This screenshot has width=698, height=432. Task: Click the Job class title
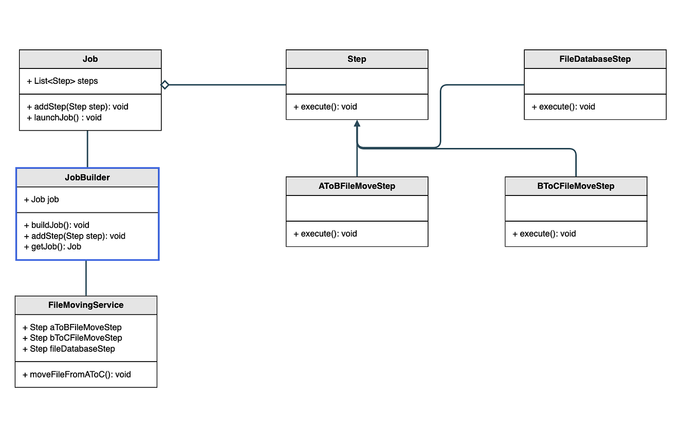pos(90,59)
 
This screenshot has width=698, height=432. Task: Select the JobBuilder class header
pos(87,177)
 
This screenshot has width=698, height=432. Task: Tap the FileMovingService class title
pos(86,305)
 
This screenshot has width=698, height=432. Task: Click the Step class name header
pos(357,59)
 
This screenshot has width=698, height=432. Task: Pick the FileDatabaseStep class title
pos(595,59)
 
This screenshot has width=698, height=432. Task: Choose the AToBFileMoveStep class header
pos(357,186)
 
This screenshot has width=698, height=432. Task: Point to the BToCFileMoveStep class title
pos(576,186)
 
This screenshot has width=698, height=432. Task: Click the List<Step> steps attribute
pos(62,81)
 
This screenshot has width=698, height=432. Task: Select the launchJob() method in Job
pos(64,118)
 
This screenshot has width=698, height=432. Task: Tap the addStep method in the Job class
pos(78,107)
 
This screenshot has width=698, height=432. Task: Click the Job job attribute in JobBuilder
pos(42,200)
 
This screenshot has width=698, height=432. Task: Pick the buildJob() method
pos(57,225)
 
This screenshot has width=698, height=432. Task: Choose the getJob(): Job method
pos(52,246)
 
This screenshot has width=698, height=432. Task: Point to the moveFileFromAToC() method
pos(77,374)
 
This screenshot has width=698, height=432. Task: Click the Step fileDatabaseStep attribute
pos(69,349)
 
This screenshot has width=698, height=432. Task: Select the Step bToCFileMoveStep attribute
pos(72,338)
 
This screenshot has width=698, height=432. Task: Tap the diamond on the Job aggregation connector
pos(165,85)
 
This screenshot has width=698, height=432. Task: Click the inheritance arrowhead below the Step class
pos(357,123)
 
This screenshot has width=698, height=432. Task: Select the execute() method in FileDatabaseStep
pos(563,107)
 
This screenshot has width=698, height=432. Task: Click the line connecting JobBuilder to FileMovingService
pos(86,278)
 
